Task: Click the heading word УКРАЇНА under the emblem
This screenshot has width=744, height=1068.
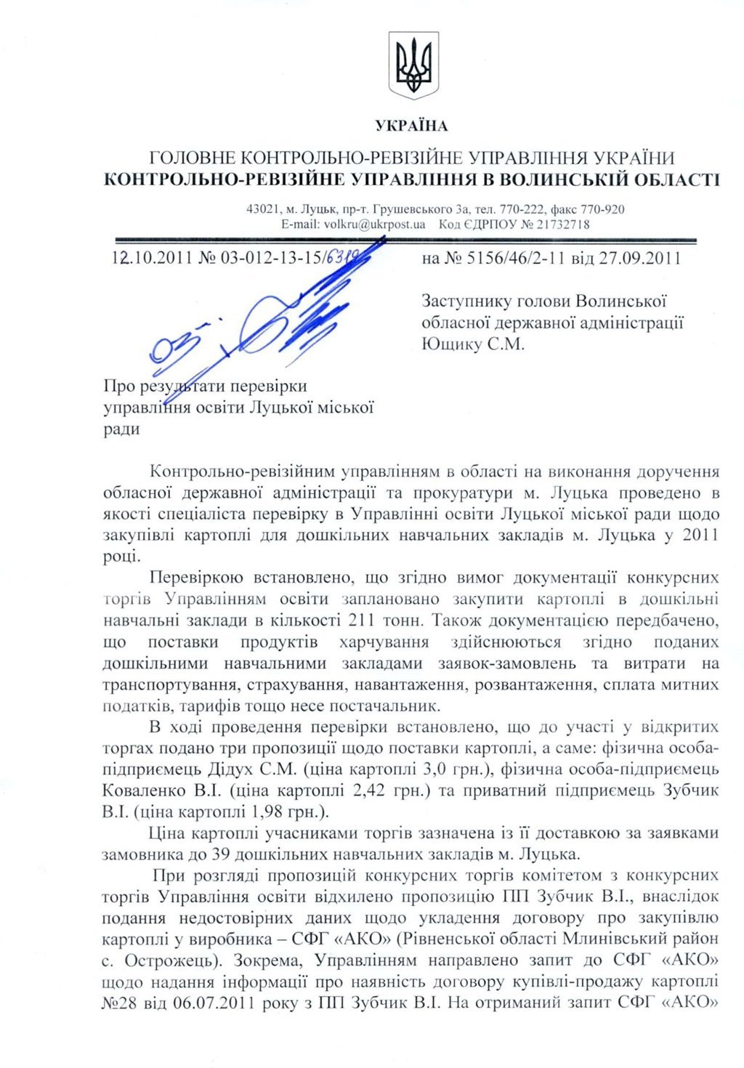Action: pyautogui.click(x=412, y=126)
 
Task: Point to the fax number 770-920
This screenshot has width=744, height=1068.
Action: pyautogui.click(x=604, y=209)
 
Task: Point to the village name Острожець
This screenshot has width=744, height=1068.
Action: pyautogui.click(x=169, y=960)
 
